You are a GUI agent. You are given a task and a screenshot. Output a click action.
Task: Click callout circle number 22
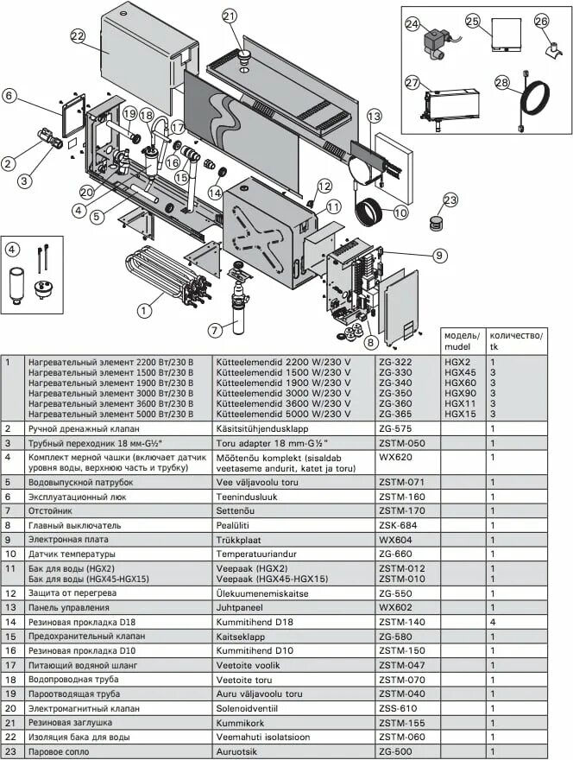point(78,36)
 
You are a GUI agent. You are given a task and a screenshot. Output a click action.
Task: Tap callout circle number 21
point(229,16)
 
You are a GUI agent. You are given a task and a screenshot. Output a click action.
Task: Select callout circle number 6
point(9,97)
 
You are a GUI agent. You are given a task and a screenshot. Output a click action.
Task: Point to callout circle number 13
point(373,116)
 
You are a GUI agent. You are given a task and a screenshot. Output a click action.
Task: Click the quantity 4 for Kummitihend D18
point(493,621)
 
